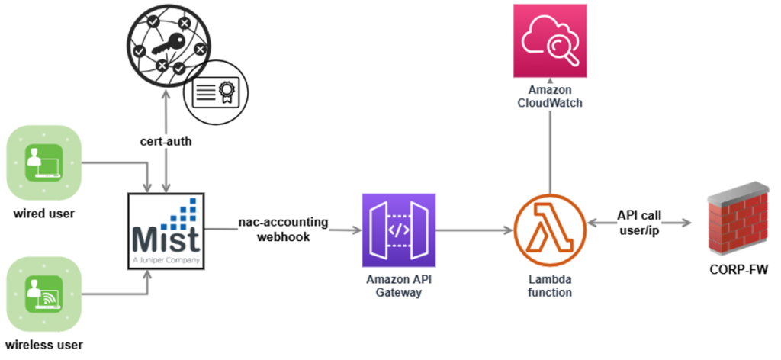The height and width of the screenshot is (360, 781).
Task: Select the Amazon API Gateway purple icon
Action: click(x=398, y=230)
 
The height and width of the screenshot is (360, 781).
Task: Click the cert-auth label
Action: click(x=166, y=142)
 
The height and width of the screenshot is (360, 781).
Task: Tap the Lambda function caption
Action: click(x=549, y=284)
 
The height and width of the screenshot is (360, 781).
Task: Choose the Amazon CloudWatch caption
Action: click(x=549, y=95)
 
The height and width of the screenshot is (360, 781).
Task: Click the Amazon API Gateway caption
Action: click(x=398, y=284)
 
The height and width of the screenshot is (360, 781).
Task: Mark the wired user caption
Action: click(x=43, y=212)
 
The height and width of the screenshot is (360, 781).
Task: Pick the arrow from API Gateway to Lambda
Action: click(x=473, y=229)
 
